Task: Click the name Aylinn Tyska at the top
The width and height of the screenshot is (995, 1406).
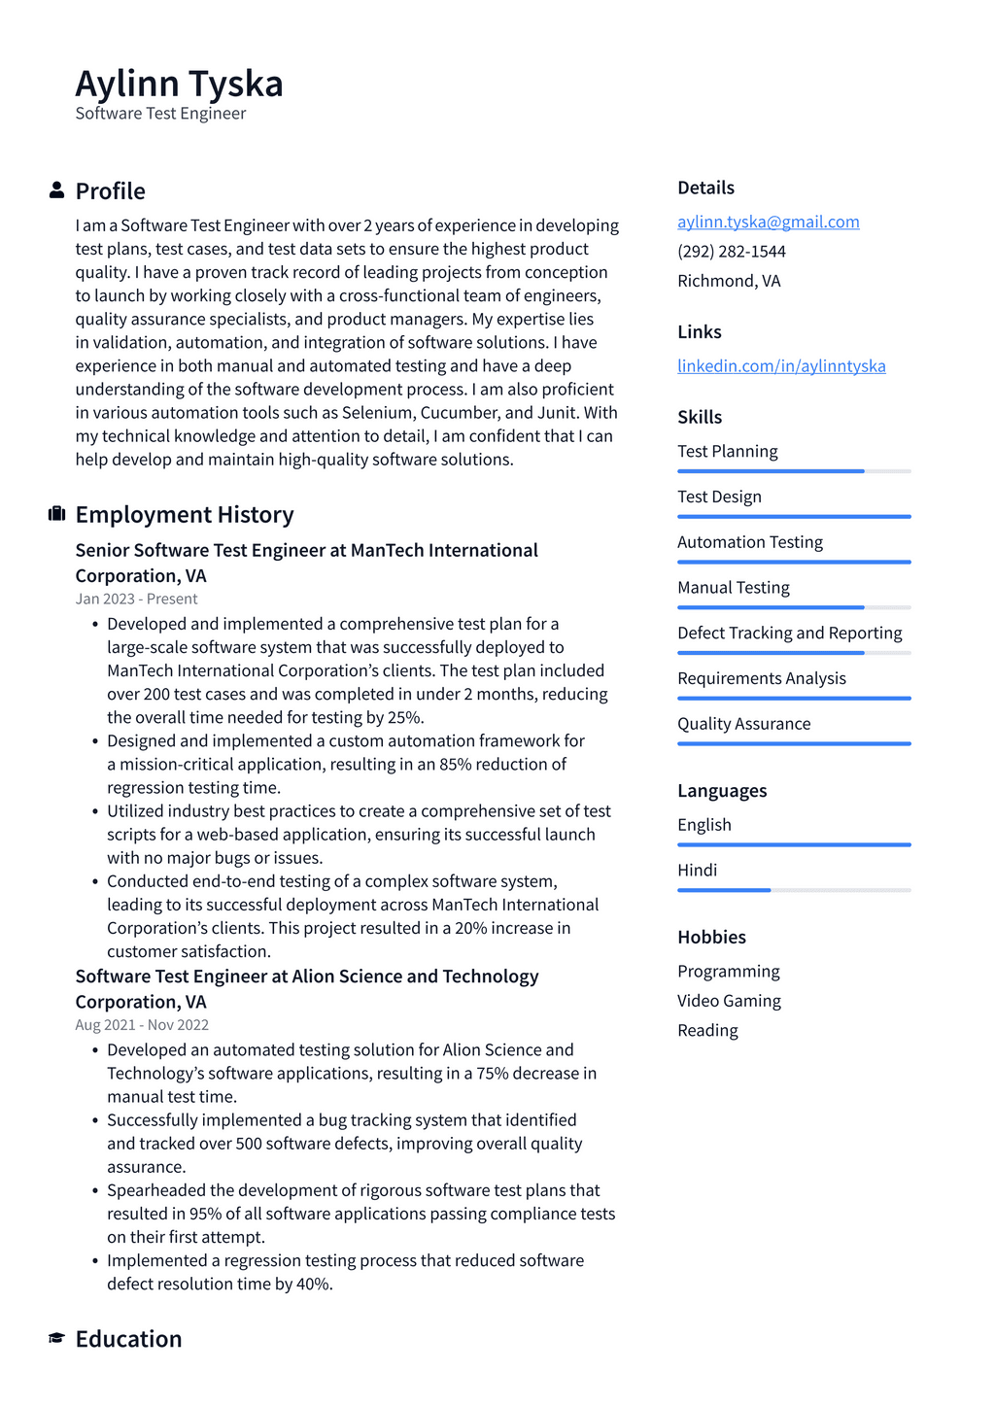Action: coord(179,85)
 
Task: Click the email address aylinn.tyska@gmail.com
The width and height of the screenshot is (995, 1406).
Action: coord(768,222)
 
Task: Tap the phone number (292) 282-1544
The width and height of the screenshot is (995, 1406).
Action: coord(731,251)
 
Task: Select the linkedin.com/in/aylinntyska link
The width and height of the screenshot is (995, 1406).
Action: coord(781,365)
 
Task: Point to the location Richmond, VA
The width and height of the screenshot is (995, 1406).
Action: coord(729,281)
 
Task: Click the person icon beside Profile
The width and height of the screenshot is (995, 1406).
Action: coord(56,190)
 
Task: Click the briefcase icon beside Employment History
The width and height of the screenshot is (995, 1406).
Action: coord(56,514)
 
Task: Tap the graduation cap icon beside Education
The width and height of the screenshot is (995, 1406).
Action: coord(56,1339)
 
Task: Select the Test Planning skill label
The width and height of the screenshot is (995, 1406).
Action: coord(727,451)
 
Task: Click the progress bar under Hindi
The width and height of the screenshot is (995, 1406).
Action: coord(794,890)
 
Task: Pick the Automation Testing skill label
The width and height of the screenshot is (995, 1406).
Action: coord(749,542)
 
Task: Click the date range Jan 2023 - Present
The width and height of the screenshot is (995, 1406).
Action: coord(136,599)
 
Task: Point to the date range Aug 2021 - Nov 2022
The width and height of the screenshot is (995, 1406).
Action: coord(142,1024)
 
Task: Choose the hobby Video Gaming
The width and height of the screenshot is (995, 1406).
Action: coord(729,1001)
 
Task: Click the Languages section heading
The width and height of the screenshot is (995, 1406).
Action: coord(722,791)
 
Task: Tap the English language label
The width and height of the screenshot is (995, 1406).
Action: coord(704,825)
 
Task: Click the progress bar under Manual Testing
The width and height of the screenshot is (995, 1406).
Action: coord(794,607)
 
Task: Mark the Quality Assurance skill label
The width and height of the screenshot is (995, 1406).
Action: coord(743,724)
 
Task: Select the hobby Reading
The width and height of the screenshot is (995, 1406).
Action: coord(707,1030)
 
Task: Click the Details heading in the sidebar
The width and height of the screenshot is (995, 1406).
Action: coord(705,188)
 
